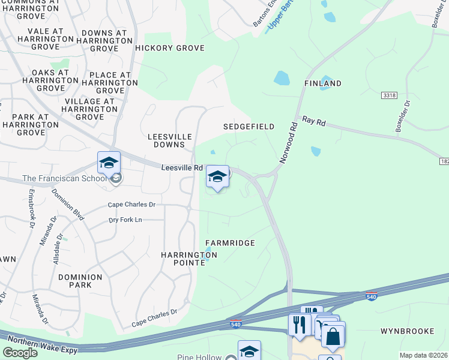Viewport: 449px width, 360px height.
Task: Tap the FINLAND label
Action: (x=322, y=83)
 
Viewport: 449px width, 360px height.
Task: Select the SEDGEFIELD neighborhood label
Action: (x=249, y=127)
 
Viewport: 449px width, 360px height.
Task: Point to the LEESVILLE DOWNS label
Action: (x=170, y=141)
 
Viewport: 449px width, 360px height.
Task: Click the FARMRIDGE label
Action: (x=231, y=243)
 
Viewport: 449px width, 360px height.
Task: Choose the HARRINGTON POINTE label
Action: (x=188, y=259)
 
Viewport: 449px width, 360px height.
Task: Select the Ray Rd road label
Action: (x=313, y=122)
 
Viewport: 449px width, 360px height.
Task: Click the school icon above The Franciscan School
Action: (x=109, y=163)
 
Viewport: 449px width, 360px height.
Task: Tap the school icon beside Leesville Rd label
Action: (x=217, y=176)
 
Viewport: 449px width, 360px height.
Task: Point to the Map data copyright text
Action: (x=423, y=355)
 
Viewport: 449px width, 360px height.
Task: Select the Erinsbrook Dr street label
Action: (x=31, y=209)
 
